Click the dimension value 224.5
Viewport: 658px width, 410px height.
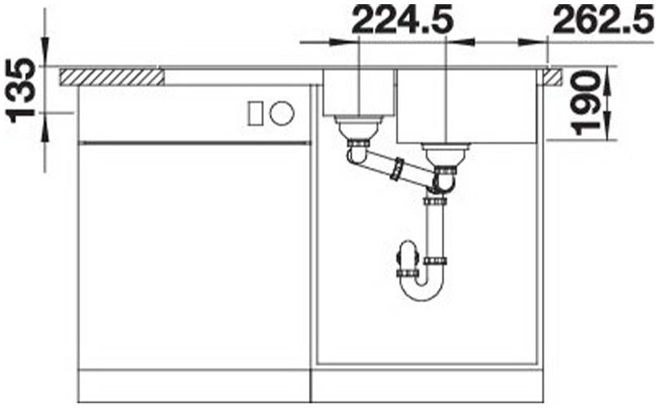pyautogui.click(x=402, y=19)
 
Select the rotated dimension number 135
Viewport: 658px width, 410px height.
pyautogui.click(x=20, y=90)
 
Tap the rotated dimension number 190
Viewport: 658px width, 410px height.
pyautogui.click(x=586, y=104)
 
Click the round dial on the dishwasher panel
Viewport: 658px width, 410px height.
pyautogui.click(x=282, y=114)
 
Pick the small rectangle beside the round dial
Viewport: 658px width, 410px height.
pyautogui.click(x=256, y=114)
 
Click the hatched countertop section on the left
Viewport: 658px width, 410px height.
pyautogui.click(x=112, y=78)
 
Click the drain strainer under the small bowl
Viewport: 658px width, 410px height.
pyautogui.click(x=358, y=128)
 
